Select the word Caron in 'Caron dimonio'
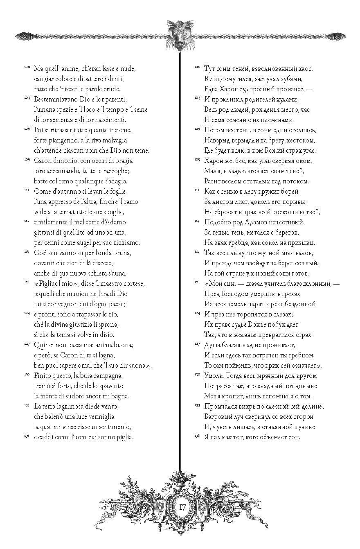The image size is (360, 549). tap(43, 161)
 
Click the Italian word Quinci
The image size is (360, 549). tap(44, 345)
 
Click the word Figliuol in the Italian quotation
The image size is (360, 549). tap(50, 283)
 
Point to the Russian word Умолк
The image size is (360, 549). tap(214, 375)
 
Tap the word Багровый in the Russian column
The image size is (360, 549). tap(220, 416)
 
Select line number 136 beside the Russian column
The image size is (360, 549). tap(197, 435)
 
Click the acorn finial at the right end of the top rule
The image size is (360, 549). tap(338, 36)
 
